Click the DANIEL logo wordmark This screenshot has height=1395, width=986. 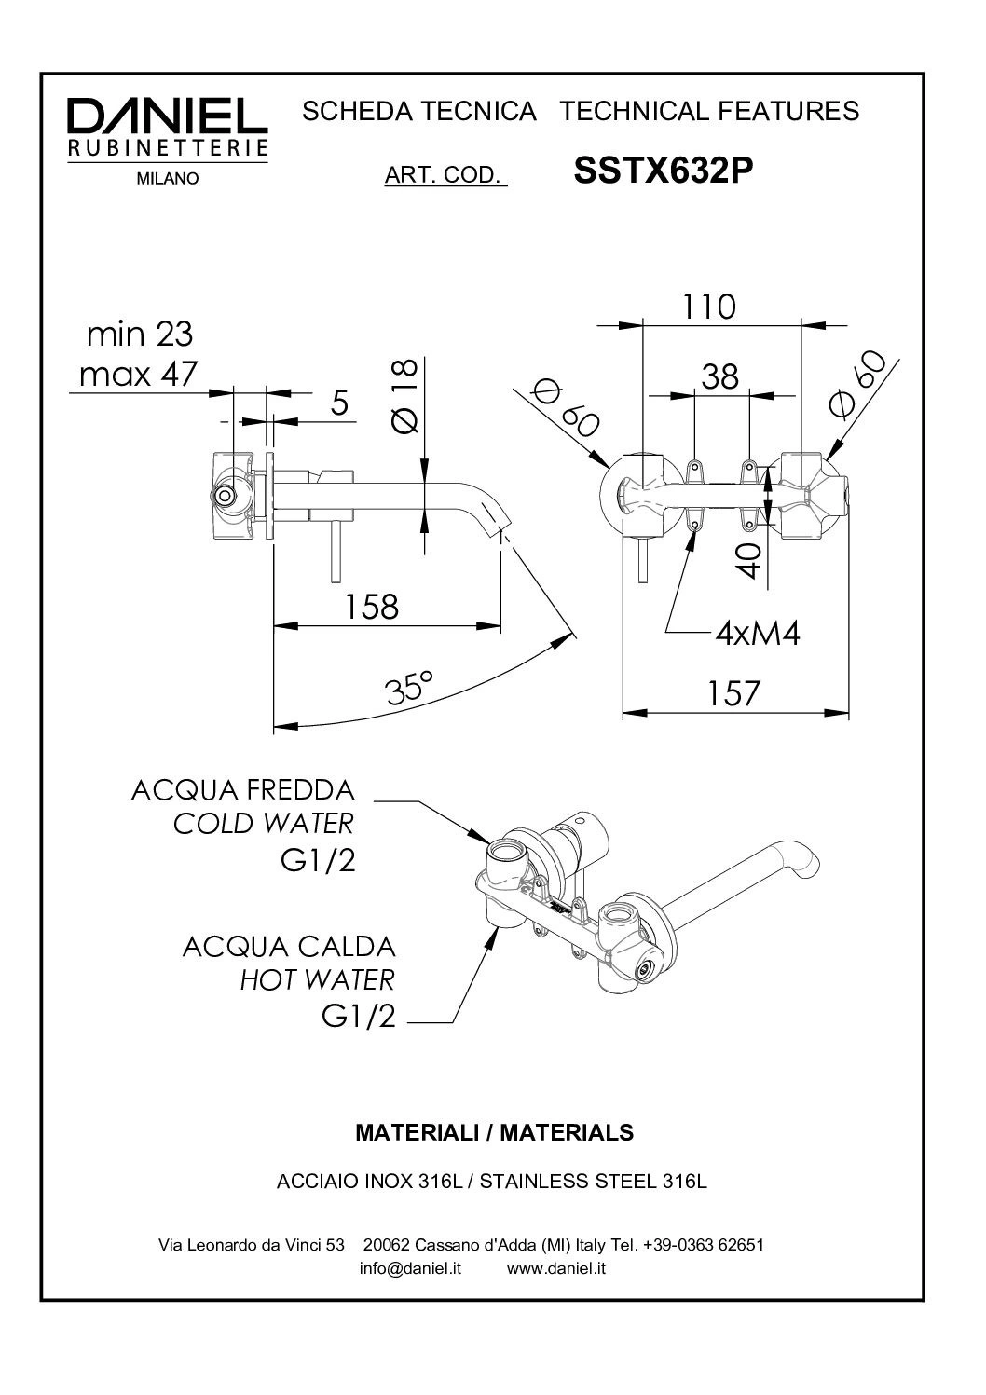pyautogui.click(x=167, y=116)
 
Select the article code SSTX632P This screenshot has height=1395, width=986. pyautogui.click(x=663, y=170)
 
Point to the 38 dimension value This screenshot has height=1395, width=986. pyautogui.click(x=720, y=376)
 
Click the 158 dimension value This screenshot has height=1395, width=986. pyautogui.click(x=372, y=606)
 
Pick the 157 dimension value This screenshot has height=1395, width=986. pyautogui.click(x=733, y=693)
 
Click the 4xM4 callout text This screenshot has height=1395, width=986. pyautogui.click(x=758, y=634)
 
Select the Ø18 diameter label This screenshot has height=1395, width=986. pyautogui.click(x=404, y=395)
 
